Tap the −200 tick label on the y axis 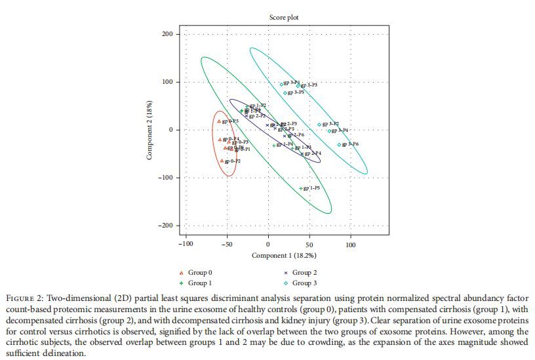click(x=166, y=226)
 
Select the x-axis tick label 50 click(x=309, y=245)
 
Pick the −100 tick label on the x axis click(x=186, y=245)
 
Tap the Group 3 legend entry click(x=304, y=283)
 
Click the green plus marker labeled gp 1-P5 click(x=301, y=189)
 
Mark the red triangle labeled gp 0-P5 click(x=219, y=121)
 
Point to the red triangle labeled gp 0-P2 click(x=222, y=161)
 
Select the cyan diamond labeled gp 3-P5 click(x=285, y=93)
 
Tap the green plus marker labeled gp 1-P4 click(x=274, y=146)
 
